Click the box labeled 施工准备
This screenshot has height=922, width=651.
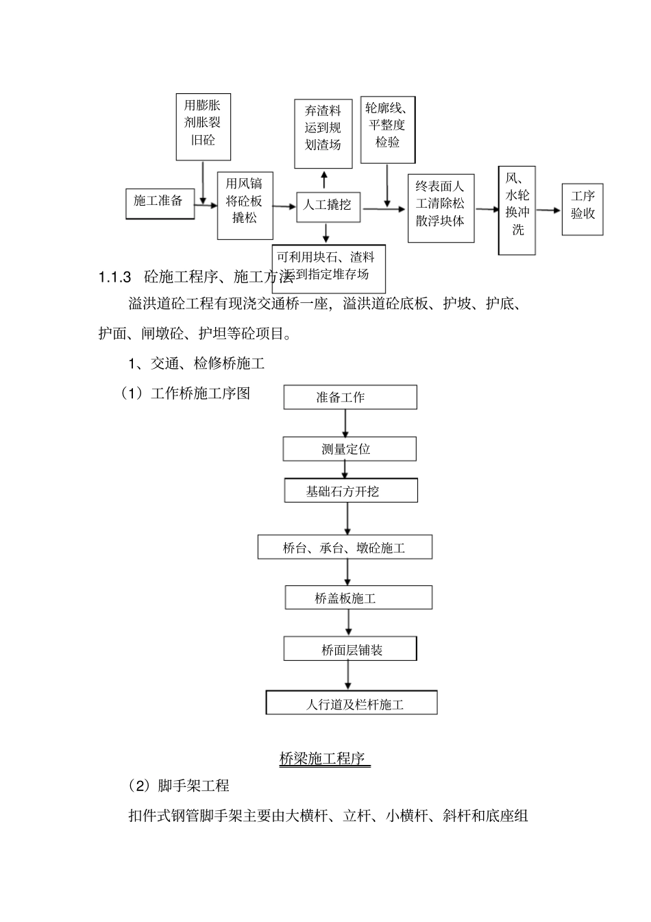(160, 202)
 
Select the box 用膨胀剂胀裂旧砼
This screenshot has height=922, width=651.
(203, 127)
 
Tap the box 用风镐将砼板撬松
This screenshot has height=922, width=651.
(245, 205)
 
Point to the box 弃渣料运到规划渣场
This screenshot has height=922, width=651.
(323, 134)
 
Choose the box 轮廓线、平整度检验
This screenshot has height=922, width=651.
(387, 130)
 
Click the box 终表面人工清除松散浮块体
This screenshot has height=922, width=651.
(441, 208)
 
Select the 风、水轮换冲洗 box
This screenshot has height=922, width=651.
(517, 210)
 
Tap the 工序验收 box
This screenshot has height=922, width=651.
(582, 209)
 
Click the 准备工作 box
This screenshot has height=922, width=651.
(349, 398)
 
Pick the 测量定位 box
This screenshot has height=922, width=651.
(349, 449)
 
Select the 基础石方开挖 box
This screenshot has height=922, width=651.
(350, 492)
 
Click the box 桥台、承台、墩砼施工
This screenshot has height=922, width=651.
(345, 548)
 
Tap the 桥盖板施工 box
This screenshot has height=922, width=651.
(358, 598)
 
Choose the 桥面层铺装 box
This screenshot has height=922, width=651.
(350, 649)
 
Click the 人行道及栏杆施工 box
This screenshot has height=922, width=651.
(352, 703)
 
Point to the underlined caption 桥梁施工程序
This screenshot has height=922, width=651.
(325, 759)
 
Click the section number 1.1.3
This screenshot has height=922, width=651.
(114, 277)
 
